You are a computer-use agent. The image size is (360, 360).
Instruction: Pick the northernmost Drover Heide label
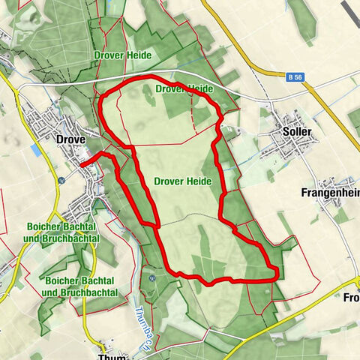click(123, 55)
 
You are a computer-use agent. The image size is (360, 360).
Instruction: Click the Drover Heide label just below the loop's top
click(184, 88)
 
